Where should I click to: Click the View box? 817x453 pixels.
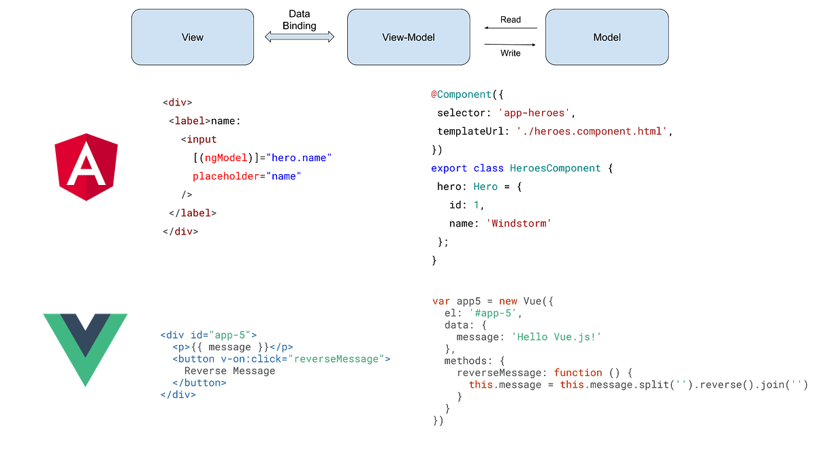pos(192,37)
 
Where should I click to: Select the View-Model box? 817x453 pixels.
pos(408,37)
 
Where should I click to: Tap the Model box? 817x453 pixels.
pos(607,37)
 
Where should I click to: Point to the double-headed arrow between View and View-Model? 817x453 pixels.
pos(300,37)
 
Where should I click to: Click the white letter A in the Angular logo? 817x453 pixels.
pos(86,167)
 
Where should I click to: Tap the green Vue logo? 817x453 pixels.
pos(85,347)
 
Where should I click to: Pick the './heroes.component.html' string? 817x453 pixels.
pos(592,131)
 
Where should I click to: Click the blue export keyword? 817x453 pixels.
pos(448,168)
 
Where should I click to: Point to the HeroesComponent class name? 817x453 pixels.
pos(555,168)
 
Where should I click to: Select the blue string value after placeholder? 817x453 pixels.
pos(285,176)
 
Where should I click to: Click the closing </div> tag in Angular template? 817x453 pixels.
pos(182,231)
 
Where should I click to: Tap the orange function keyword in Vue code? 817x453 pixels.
pos(579,372)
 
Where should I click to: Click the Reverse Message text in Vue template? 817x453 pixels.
pos(229,371)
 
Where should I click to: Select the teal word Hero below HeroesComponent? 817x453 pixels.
pos(486,186)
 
